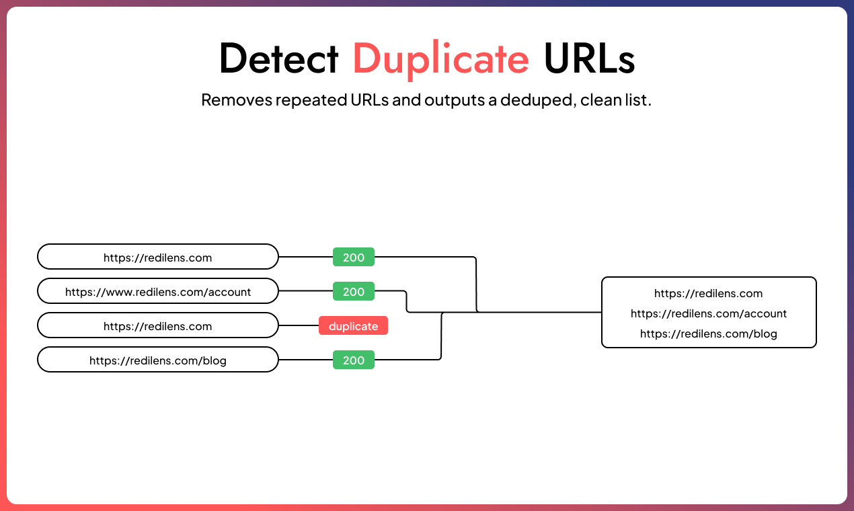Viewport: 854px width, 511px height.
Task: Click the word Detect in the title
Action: pyautogui.click(x=278, y=59)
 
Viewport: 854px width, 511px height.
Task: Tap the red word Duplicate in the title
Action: pyautogui.click(x=441, y=59)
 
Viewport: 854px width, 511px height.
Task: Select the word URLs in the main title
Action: pyautogui.click(x=589, y=59)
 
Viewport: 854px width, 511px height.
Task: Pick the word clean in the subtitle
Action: pyautogui.click(x=600, y=101)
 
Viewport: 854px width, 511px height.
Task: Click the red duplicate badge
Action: pyautogui.click(x=353, y=326)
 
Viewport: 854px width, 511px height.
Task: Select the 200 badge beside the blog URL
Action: pyautogui.click(x=354, y=360)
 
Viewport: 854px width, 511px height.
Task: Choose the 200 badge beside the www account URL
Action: pyautogui.click(x=354, y=292)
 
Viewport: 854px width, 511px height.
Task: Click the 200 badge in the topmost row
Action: pyautogui.click(x=354, y=257)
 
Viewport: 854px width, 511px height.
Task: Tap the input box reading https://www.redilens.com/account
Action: pyautogui.click(x=158, y=292)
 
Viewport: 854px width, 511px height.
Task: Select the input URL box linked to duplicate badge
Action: pyautogui.click(x=158, y=326)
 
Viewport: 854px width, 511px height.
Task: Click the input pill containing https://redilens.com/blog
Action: pyautogui.click(x=158, y=360)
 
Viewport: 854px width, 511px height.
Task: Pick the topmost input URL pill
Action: pyautogui.click(x=158, y=257)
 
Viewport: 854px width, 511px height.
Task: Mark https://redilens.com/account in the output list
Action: pyautogui.click(x=709, y=313)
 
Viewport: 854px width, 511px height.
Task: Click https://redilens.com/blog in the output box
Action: pyautogui.click(x=709, y=333)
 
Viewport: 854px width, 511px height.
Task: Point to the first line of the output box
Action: pyautogui.click(x=709, y=293)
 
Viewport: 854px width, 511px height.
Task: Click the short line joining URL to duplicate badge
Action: pyautogui.click(x=299, y=326)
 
